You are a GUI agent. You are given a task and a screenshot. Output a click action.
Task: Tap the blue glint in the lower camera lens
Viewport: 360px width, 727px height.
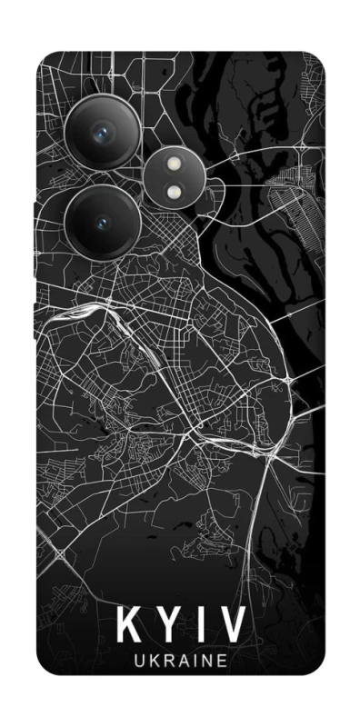(x=102, y=223)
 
